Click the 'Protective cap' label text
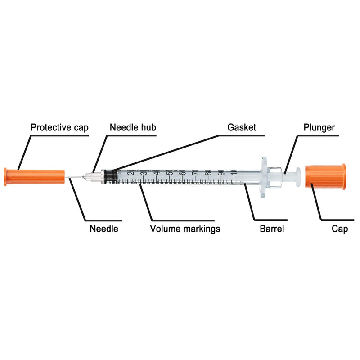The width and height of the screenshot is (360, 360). (x=59, y=128)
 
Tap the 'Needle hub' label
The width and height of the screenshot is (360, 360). (x=133, y=127)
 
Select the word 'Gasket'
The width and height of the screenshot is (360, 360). (x=242, y=127)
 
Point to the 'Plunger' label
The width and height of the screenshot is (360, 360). (x=319, y=128)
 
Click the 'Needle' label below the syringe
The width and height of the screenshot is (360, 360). (x=104, y=229)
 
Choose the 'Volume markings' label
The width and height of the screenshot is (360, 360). (x=185, y=229)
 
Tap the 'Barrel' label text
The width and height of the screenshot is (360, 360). (x=272, y=229)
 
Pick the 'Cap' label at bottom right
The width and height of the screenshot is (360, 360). (x=340, y=229)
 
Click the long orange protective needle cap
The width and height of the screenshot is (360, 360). (x=35, y=177)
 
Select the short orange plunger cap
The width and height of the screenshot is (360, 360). (x=325, y=177)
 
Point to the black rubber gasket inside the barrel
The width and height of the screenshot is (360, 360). (x=111, y=177)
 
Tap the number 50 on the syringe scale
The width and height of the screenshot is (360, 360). (x=170, y=172)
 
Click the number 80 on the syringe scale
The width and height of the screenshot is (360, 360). (x=209, y=172)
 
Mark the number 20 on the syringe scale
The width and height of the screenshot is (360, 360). (x=131, y=172)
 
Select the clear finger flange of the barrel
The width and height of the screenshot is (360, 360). (x=264, y=177)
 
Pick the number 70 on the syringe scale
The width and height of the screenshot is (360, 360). (x=196, y=172)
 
